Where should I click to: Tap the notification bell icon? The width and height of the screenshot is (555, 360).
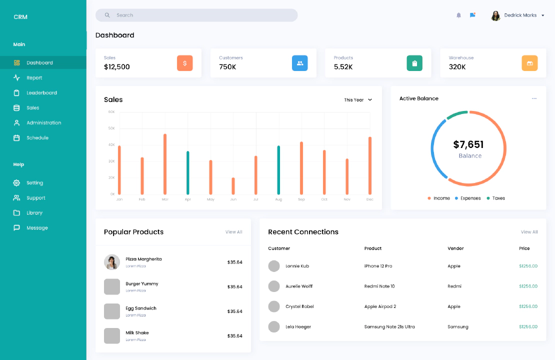pyautogui.click(x=458, y=15)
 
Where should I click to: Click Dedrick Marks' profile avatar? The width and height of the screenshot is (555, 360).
pyautogui.click(x=495, y=16)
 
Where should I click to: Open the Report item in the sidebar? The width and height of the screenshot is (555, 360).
pyautogui.click(x=34, y=78)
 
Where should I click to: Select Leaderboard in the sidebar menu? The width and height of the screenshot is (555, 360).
pyautogui.click(x=41, y=93)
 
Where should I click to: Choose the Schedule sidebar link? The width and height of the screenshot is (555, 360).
pyautogui.click(x=37, y=138)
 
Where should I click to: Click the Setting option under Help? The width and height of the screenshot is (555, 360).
pyautogui.click(x=34, y=183)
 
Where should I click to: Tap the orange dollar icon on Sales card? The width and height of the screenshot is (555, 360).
pyautogui.click(x=184, y=63)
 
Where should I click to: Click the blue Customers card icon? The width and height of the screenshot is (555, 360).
pyautogui.click(x=299, y=63)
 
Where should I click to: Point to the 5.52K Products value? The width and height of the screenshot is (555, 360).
pyautogui.click(x=343, y=67)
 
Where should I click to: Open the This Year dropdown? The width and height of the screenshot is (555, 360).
pyautogui.click(x=358, y=100)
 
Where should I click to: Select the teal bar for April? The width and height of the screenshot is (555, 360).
pyautogui.click(x=188, y=172)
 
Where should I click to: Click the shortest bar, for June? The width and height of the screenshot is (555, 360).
pyautogui.click(x=233, y=186)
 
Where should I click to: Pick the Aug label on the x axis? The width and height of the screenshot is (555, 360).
pyautogui.click(x=278, y=199)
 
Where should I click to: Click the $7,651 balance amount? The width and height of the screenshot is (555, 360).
pyautogui.click(x=468, y=144)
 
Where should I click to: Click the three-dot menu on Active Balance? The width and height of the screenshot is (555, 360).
pyautogui.click(x=534, y=98)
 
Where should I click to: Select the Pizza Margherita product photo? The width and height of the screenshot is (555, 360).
pyautogui.click(x=112, y=262)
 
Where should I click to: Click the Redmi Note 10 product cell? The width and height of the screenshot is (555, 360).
pyautogui.click(x=379, y=286)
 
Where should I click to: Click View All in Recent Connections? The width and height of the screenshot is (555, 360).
pyautogui.click(x=529, y=232)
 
